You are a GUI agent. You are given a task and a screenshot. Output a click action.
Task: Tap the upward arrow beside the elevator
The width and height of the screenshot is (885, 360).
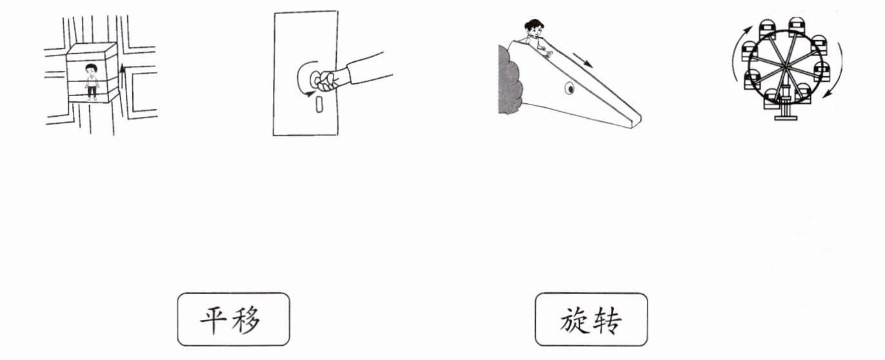123,75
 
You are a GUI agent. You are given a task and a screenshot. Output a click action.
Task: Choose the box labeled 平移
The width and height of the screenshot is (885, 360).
234,319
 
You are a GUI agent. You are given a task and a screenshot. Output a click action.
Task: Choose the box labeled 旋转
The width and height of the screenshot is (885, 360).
591,319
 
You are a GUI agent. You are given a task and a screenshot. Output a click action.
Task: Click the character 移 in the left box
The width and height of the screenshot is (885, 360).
248,319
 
